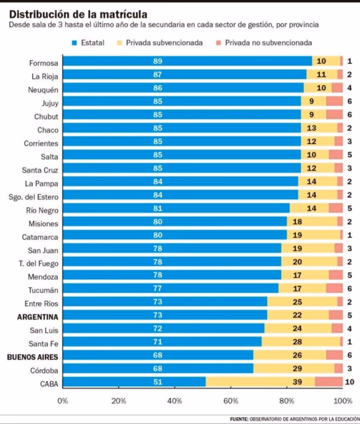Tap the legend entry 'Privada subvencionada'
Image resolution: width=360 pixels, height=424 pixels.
(x=159, y=43)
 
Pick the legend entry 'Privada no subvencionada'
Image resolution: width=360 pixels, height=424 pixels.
(x=262, y=43)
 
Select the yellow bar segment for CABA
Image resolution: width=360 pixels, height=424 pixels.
(x=260, y=382)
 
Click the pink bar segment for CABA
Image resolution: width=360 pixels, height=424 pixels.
(x=329, y=382)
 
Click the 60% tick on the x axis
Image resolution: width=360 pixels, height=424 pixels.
(x=230, y=401)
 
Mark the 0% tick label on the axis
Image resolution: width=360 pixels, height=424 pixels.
(x=63, y=401)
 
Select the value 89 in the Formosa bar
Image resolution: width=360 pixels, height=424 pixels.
(x=158, y=61)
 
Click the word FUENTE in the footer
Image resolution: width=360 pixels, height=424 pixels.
(x=239, y=419)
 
